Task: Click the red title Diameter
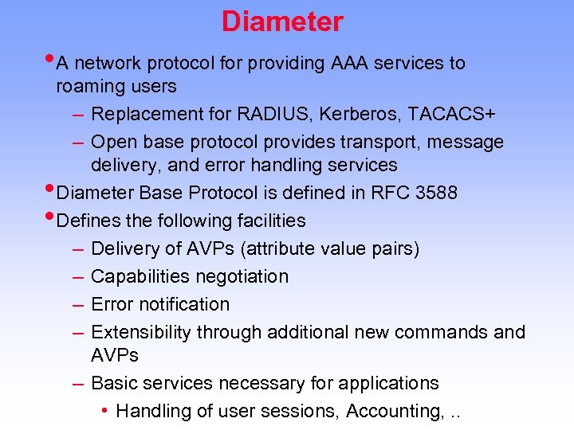pos(282,21)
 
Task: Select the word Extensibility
pos(141,332)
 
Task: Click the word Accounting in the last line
pos(391,411)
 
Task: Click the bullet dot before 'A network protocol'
pos(50,58)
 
